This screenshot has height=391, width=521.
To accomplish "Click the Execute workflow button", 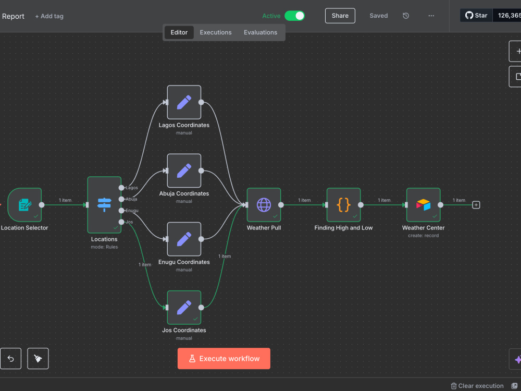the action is [224, 359].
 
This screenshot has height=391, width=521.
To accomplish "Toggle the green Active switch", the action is [294, 16].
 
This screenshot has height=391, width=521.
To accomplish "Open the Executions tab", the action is [216, 32].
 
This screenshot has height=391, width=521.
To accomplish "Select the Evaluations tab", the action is [260, 32].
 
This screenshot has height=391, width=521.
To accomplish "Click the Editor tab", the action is [179, 32].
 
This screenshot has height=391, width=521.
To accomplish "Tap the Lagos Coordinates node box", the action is [184, 102].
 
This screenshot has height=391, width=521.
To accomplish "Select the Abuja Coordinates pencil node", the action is [184, 170].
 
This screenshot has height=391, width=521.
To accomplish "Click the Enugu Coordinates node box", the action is [184, 239].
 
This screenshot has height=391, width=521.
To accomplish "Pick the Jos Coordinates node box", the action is [184, 308].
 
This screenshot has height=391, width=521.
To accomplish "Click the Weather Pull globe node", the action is [264, 205].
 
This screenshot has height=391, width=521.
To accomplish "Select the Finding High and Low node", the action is [343, 205].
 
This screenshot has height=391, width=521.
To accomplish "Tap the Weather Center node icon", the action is [423, 205].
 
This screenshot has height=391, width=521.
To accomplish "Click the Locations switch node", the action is [104, 205].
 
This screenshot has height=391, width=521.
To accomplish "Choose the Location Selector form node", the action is [24, 205].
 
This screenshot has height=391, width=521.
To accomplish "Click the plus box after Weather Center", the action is [476, 205].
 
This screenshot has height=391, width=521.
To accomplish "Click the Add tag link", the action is [49, 16].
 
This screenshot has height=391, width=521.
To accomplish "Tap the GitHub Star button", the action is [476, 15].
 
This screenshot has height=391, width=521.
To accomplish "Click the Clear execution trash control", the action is [477, 386].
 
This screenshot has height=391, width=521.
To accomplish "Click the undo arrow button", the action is [10, 359].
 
